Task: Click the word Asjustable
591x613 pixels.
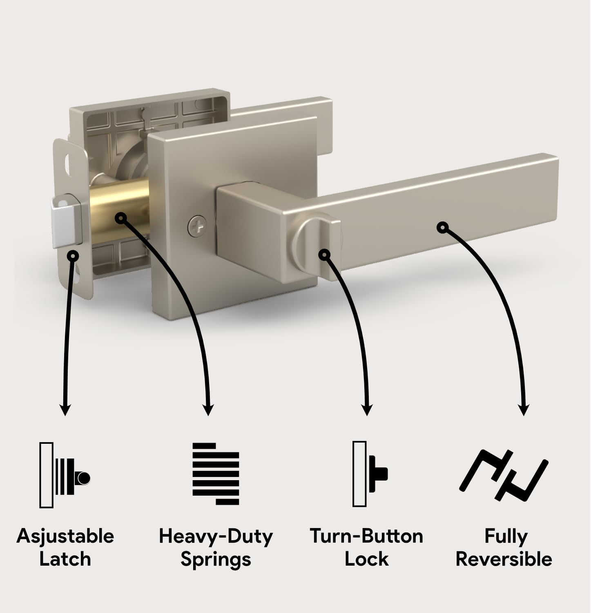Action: (x=65, y=536)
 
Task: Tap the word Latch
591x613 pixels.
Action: (x=65, y=559)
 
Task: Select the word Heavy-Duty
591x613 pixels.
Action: (x=216, y=536)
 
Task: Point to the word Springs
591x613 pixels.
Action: (x=216, y=559)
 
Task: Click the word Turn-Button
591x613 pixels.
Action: (x=366, y=536)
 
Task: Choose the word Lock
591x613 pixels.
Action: (x=366, y=559)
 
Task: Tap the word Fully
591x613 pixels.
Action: (x=506, y=536)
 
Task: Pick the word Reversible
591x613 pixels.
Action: (x=504, y=559)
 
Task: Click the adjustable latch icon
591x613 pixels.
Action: (x=65, y=475)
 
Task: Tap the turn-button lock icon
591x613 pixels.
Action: (x=370, y=474)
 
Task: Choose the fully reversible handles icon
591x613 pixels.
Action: (x=504, y=475)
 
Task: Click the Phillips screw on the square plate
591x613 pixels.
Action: (x=197, y=224)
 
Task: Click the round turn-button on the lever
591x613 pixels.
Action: (x=312, y=245)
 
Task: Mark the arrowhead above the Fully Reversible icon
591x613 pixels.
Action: (x=524, y=410)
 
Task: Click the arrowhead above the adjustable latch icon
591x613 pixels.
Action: (x=65, y=410)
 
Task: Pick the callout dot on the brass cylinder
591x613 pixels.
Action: (x=120, y=218)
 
